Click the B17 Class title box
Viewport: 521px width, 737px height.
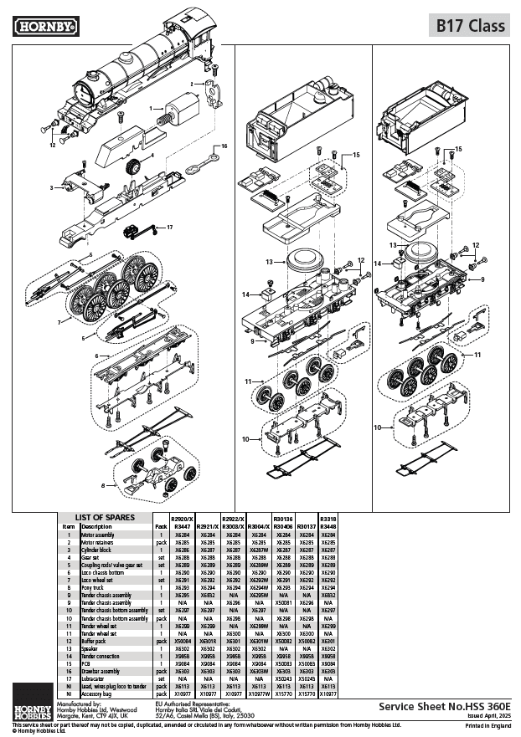(x=469, y=26)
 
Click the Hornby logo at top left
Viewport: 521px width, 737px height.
(x=46, y=27)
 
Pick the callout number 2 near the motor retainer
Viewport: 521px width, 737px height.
(x=192, y=84)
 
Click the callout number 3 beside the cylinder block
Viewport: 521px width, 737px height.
(x=52, y=187)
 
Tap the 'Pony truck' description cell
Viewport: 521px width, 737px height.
(x=93, y=588)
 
